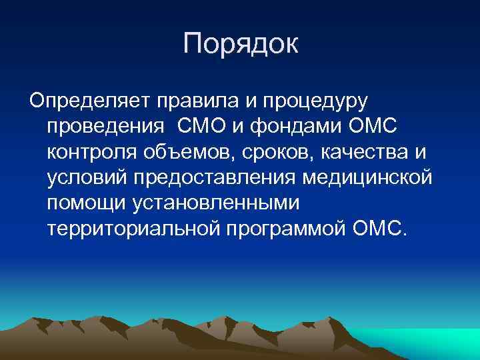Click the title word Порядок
click(241, 45)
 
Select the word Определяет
click(89, 102)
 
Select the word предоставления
click(217, 178)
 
